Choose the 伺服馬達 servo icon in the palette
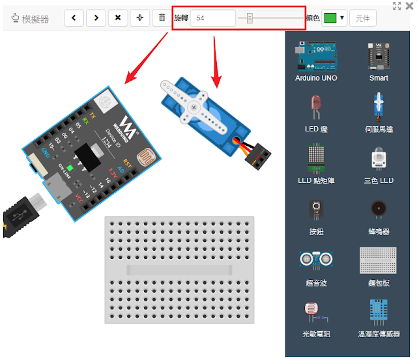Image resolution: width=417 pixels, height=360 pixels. (379, 107)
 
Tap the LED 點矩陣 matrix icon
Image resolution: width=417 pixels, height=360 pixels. (316, 158)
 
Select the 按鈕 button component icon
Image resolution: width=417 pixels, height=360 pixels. (316, 210)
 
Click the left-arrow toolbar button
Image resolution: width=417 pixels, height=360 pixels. (73, 18)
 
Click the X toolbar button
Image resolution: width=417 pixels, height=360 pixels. (117, 18)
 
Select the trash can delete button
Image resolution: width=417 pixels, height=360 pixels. (162, 18)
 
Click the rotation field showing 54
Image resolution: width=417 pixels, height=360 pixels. (212, 18)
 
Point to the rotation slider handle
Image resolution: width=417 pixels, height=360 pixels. (250, 18)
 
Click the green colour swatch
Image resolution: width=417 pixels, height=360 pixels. (330, 18)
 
